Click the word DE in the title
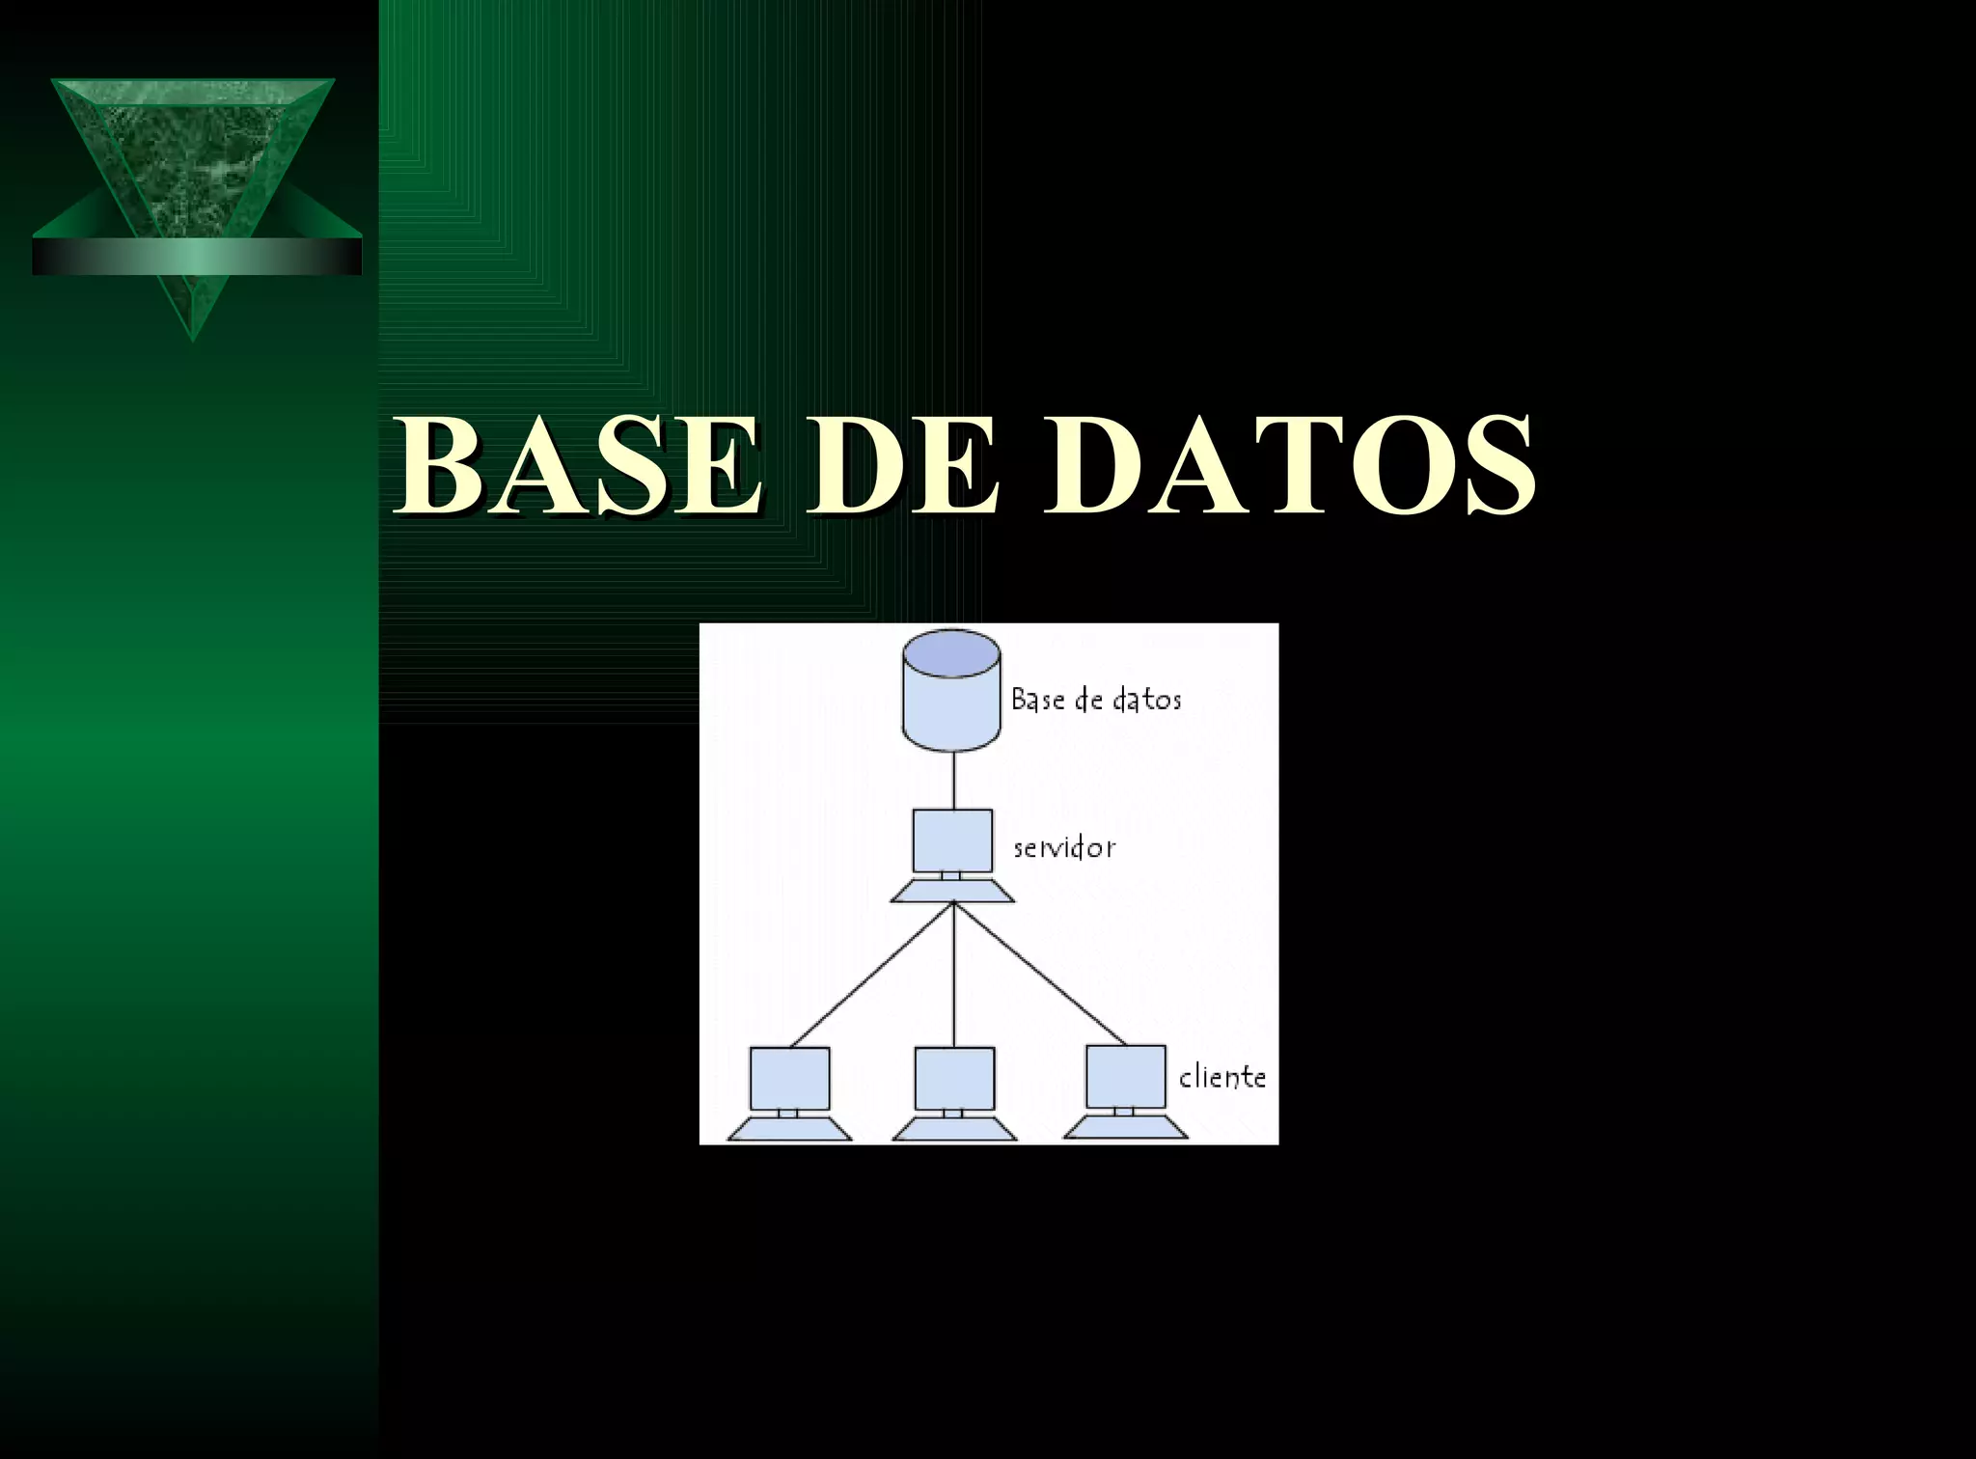tap(902, 466)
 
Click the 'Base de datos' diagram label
tap(1096, 700)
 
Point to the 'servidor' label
tap(1064, 848)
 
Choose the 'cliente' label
tap(1221, 1077)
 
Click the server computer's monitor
tap(952, 840)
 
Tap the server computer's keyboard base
tap(952, 892)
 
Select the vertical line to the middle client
tap(953, 975)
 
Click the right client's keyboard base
tap(1125, 1128)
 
